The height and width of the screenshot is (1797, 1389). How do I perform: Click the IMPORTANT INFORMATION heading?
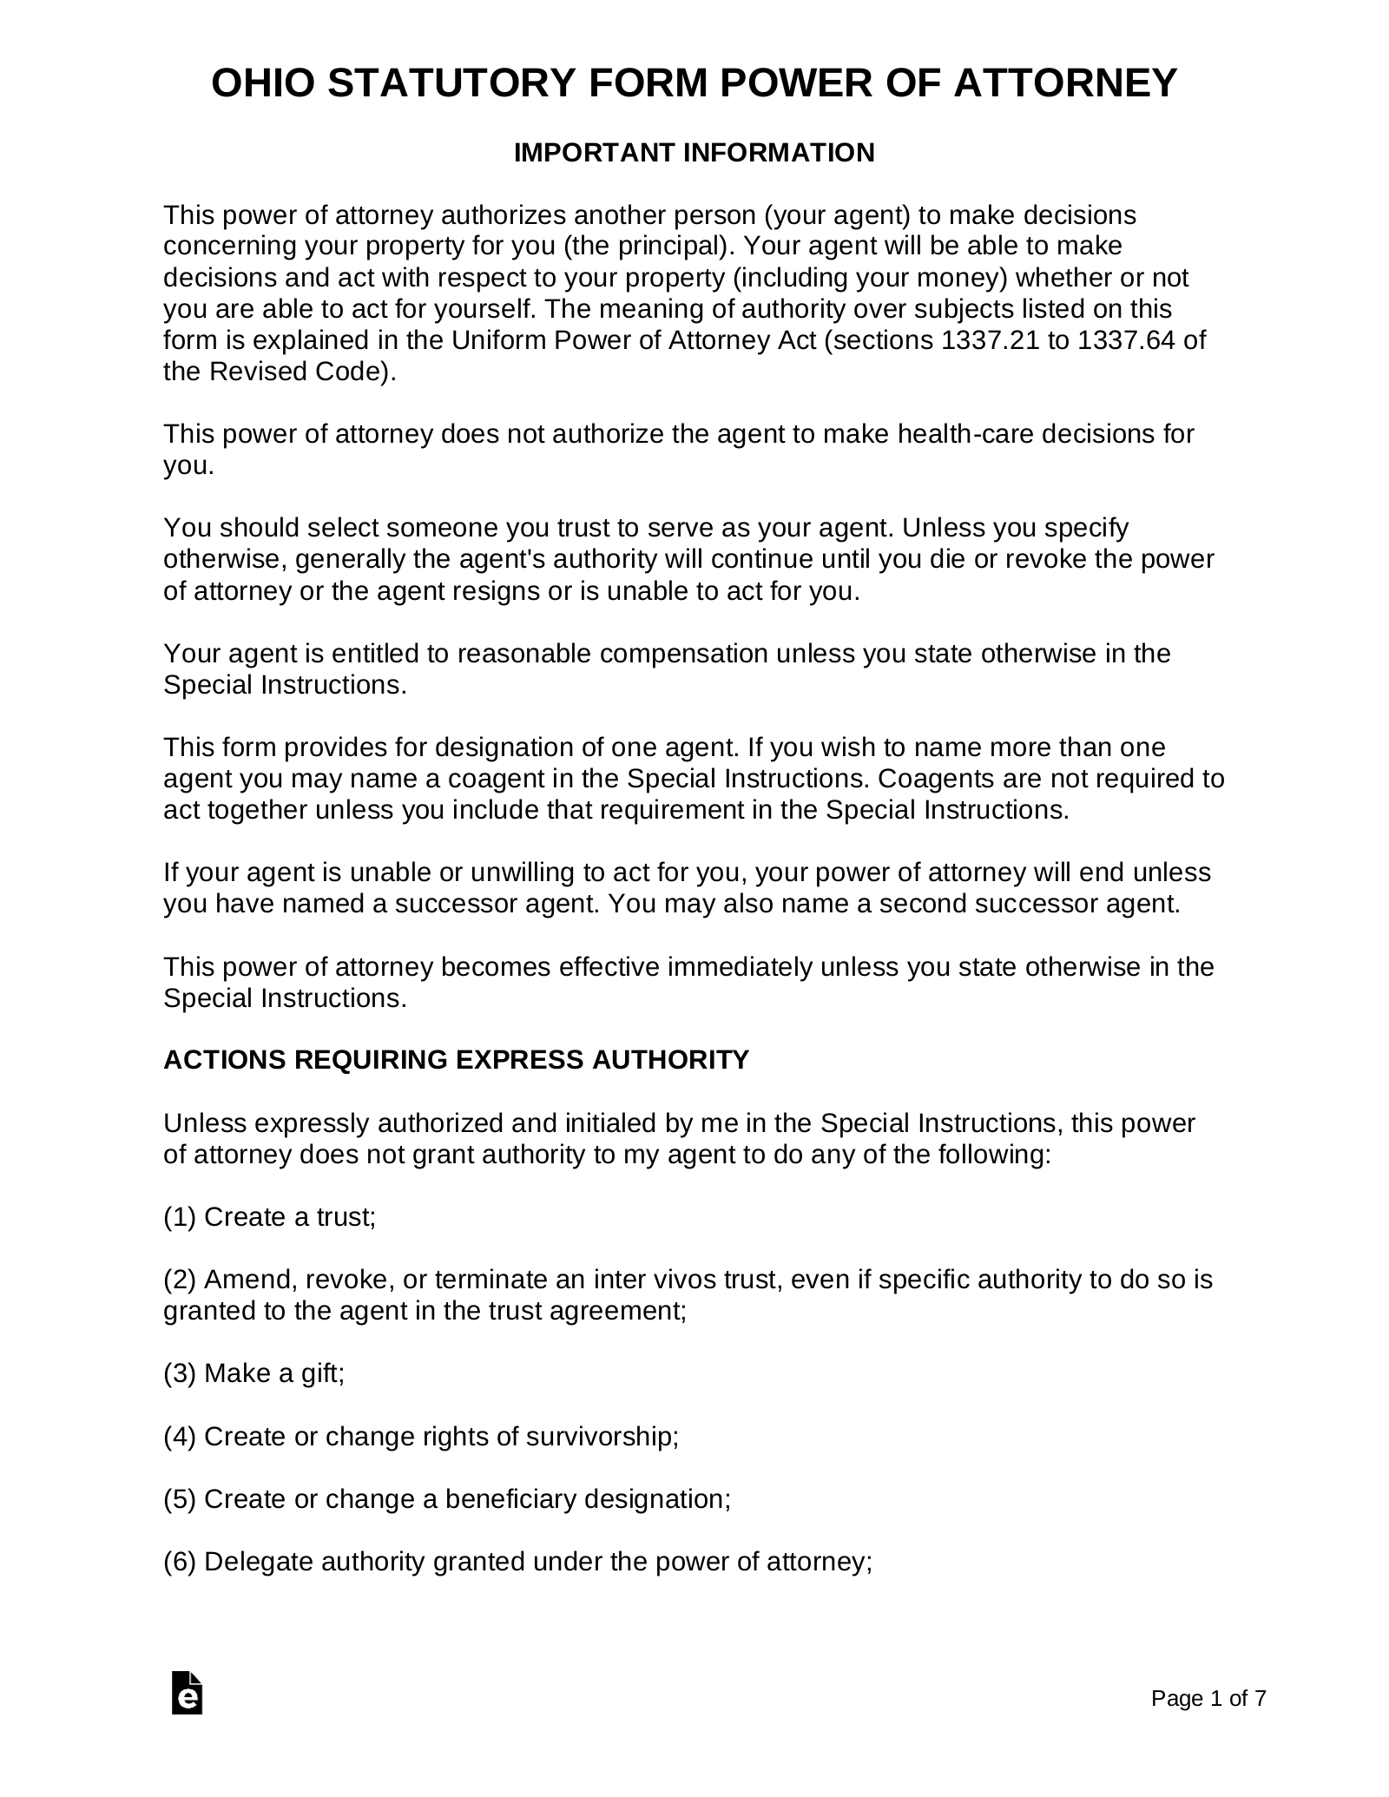tap(694, 153)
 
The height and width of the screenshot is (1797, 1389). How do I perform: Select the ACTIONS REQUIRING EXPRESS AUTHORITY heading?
tap(456, 1060)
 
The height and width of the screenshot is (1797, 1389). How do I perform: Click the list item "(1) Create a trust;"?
tap(269, 1217)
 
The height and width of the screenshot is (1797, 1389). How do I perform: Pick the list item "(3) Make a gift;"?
tap(253, 1373)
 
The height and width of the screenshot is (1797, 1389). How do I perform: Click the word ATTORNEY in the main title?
tap(1065, 84)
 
